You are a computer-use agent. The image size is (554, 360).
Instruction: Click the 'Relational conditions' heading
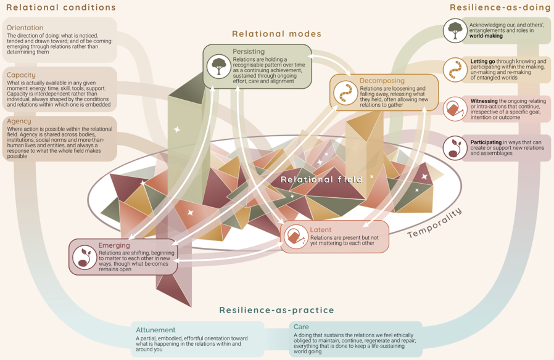tap(61, 7)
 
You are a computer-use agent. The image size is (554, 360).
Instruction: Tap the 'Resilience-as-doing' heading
tap(500, 7)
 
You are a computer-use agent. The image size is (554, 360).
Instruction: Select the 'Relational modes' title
tap(276, 34)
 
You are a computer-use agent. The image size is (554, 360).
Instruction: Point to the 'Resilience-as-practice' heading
tap(276, 310)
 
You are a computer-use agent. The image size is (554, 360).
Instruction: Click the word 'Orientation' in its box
tap(25, 28)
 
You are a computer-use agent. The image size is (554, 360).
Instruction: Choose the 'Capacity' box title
tap(21, 75)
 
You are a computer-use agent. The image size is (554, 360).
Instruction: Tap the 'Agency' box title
tap(19, 121)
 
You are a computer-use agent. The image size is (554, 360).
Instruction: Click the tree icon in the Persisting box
tap(219, 67)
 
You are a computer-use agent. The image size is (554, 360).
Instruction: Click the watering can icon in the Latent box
tap(296, 237)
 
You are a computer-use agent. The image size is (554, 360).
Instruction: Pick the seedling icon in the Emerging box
tap(85, 257)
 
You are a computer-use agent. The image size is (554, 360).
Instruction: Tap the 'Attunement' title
tap(155, 330)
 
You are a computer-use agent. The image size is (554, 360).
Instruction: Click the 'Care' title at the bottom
tap(301, 327)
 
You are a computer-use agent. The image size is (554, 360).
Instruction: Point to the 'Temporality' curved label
tap(434, 223)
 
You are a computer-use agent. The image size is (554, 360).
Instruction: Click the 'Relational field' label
tap(321, 179)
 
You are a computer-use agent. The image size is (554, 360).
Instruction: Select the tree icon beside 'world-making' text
tap(455, 31)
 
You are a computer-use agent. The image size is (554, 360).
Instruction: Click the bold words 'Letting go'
tap(482, 62)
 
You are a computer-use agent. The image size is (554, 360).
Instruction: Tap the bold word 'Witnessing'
tap(484, 101)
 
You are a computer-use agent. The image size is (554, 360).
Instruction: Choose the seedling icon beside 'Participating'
tap(455, 148)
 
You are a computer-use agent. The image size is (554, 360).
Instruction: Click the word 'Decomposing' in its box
tap(382, 81)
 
